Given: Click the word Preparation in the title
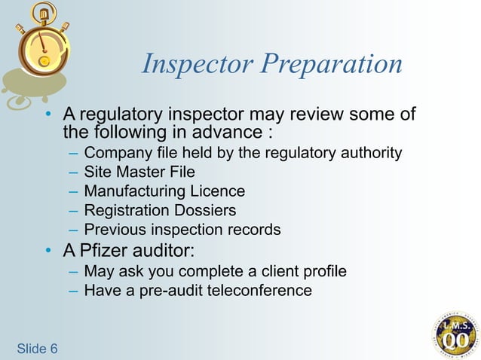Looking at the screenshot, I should tap(332, 66).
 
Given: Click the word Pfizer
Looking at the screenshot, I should tap(106, 250).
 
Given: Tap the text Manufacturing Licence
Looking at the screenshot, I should tap(164, 191).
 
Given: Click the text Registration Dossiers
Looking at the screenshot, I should tap(160, 210).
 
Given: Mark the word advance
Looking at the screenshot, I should tap(228, 133).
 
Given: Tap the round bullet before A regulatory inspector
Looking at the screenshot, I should tap(49, 115).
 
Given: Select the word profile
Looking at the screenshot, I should tap(323, 271).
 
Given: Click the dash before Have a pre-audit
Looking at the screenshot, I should tap(72, 291).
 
